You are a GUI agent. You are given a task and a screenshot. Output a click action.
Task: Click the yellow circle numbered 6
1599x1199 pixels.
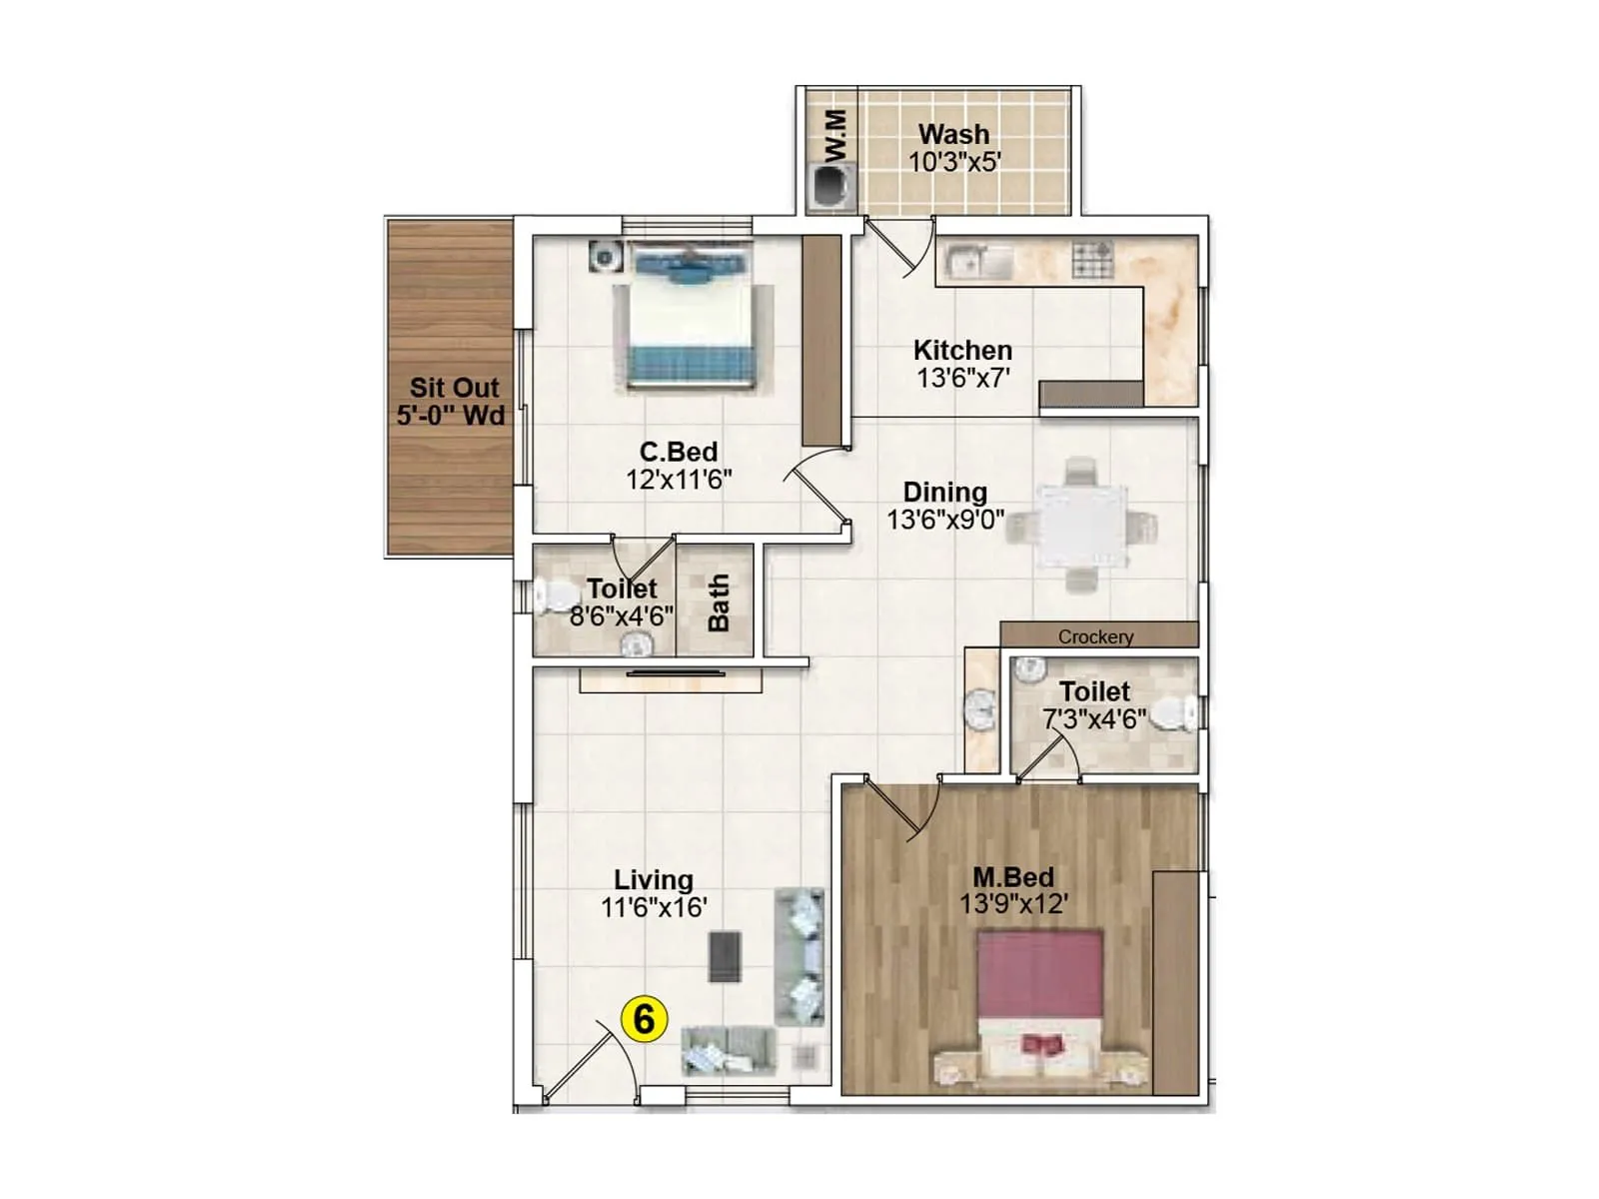[644, 1019]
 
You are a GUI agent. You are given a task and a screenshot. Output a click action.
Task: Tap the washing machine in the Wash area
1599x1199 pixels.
[831, 187]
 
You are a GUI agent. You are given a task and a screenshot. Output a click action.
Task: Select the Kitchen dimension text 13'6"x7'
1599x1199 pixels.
[963, 379]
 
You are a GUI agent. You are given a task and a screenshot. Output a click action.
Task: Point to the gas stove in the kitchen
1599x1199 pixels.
[1092, 260]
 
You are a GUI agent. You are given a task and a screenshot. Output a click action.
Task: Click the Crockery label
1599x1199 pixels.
[1095, 636]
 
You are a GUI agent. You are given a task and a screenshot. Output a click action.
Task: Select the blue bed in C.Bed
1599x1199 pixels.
[690, 317]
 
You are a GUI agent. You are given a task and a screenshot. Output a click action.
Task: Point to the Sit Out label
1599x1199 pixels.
[454, 388]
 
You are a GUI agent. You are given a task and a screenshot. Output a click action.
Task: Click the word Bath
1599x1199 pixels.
[719, 602]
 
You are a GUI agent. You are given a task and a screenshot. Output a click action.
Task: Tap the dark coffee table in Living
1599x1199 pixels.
[726, 956]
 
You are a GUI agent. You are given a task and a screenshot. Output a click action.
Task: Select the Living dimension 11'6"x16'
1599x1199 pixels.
[654, 907]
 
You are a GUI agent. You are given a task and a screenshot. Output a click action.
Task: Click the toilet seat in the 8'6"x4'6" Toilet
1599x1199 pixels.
[550, 598]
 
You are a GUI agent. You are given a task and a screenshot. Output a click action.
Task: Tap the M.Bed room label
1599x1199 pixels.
[1013, 877]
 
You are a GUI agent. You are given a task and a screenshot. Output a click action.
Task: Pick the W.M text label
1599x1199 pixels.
[837, 135]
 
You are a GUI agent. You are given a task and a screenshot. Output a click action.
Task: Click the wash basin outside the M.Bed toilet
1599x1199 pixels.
[980, 710]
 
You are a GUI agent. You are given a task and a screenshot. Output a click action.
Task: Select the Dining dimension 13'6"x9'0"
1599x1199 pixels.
[944, 520]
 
